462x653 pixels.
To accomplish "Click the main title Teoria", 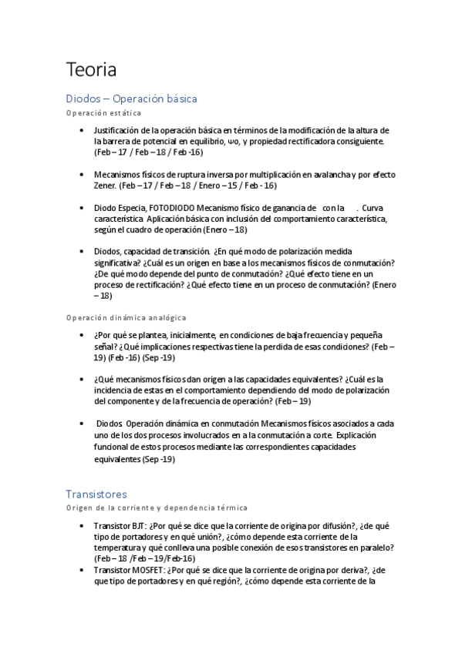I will [x=91, y=70].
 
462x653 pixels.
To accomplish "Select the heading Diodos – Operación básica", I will [x=131, y=99].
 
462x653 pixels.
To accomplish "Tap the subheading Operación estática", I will [x=103, y=113].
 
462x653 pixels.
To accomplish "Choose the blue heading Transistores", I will [x=96, y=494].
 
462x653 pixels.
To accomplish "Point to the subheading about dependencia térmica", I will [x=157, y=507].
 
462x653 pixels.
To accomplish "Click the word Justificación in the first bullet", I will [x=116, y=131].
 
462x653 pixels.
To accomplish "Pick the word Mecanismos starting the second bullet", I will [x=120, y=175].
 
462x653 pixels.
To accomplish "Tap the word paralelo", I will [x=377, y=547].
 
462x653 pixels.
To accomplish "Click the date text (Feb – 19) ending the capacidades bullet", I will [x=292, y=401].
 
